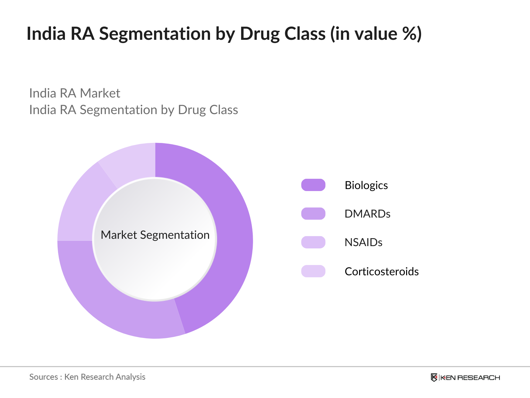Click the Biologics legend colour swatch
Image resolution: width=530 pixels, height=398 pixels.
313,185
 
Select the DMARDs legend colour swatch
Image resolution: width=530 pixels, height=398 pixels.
313,214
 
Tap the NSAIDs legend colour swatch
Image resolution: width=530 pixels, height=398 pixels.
313,242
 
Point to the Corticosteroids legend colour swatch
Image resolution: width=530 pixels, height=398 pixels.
313,271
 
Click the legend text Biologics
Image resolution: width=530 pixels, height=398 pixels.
366,185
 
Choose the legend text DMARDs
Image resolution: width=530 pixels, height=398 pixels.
367,214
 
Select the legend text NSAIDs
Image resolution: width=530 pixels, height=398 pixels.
363,242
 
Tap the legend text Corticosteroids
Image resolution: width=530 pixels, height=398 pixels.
382,271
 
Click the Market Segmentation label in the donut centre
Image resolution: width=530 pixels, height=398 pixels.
155,235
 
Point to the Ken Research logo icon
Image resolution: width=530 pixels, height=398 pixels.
434,377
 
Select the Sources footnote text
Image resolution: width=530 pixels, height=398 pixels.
87,377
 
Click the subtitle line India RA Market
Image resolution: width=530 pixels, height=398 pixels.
75,93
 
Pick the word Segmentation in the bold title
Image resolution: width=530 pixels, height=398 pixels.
155,34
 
